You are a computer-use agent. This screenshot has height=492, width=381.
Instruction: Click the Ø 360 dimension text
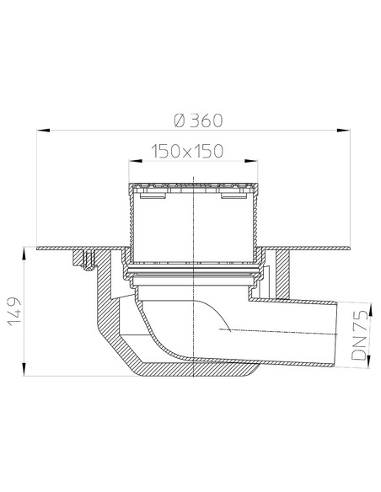click(x=198, y=120)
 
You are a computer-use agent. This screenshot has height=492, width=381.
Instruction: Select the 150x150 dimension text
click(x=187, y=151)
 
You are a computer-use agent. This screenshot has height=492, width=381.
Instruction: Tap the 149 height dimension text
click(x=14, y=312)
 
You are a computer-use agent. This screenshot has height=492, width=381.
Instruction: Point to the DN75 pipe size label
click(x=359, y=335)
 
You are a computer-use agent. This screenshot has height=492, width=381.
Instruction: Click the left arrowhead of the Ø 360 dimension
click(x=43, y=131)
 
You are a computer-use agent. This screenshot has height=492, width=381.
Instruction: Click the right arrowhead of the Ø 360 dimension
click(x=343, y=131)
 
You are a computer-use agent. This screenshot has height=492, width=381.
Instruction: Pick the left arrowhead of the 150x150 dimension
click(x=135, y=161)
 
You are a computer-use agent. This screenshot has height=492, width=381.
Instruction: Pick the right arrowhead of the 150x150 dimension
click(x=251, y=161)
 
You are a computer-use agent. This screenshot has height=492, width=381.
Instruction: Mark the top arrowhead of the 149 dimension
click(x=24, y=254)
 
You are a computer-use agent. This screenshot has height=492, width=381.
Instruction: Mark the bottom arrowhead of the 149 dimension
click(x=24, y=369)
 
